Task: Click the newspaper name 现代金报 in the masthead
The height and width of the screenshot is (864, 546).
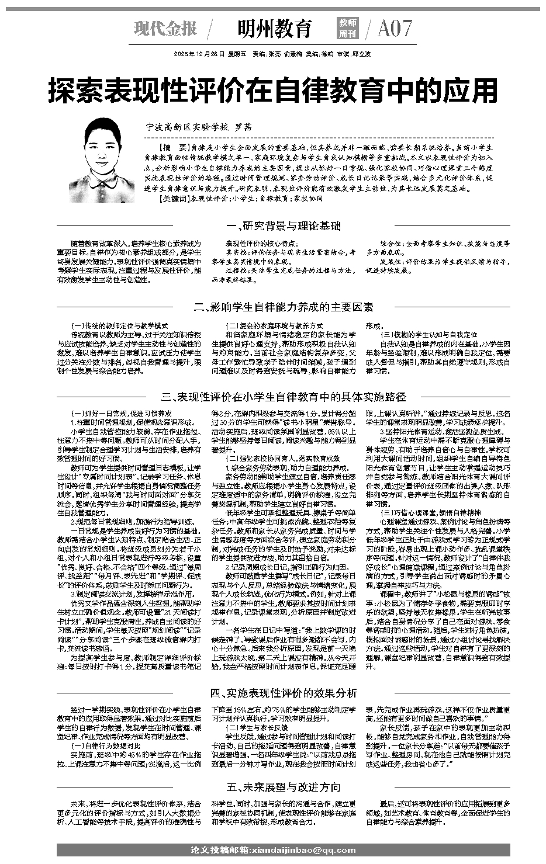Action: (165, 28)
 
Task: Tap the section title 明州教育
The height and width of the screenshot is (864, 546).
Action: (275, 28)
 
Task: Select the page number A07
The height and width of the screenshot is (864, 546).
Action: (395, 28)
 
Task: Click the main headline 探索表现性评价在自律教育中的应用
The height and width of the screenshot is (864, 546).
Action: (273, 91)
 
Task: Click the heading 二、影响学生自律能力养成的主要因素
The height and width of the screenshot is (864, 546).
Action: (284, 307)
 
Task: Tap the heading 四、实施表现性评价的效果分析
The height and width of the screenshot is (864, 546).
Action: (284, 693)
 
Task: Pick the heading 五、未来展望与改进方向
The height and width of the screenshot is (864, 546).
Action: (284, 787)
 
